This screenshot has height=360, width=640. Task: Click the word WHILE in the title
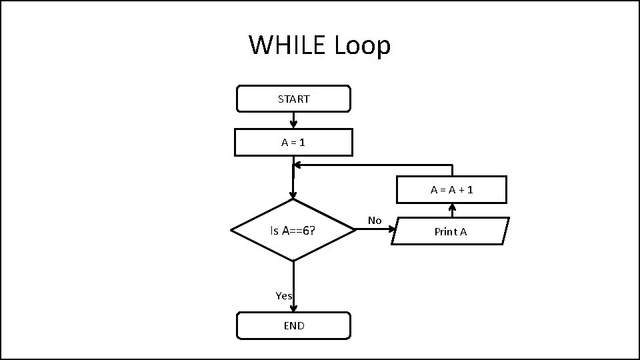pyautogui.click(x=288, y=45)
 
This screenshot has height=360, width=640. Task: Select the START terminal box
pyautogui.click(x=293, y=99)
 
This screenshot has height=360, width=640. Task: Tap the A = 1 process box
pyautogui.click(x=293, y=142)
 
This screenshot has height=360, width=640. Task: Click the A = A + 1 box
pyautogui.click(x=451, y=189)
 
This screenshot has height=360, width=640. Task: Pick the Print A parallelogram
pyautogui.click(x=450, y=231)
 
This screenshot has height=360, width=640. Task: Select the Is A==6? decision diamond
pyautogui.click(x=293, y=231)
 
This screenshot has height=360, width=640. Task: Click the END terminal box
pyautogui.click(x=293, y=325)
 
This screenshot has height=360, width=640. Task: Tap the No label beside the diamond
pyautogui.click(x=375, y=221)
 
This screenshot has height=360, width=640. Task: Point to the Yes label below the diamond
pyautogui.click(x=284, y=295)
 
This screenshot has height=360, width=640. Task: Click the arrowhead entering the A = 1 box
pyautogui.click(x=293, y=125)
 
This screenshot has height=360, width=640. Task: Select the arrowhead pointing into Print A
pyautogui.click(x=392, y=229)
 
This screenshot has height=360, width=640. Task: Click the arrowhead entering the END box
pyautogui.click(x=293, y=308)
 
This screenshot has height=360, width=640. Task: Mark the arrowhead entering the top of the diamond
pyautogui.click(x=293, y=195)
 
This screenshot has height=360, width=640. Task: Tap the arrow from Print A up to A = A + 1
pyautogui.click(x=452, y=209)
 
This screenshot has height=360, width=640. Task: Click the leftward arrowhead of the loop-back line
pyautogui.click(x=297, y=165)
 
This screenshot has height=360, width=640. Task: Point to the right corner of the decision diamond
pyautogui.click(x=355, y=230)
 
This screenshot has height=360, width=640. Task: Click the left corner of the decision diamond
pyautogui.click(x=231, y=230)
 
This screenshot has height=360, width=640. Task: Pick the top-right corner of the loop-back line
pyautogui.click(x=452, y=165)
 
